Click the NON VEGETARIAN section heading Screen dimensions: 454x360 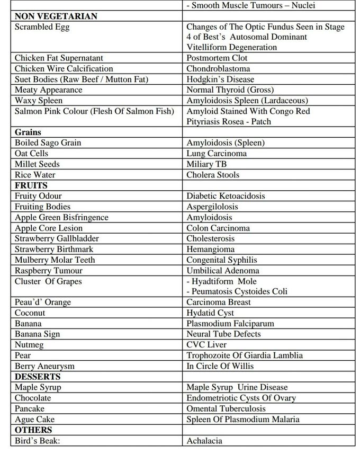(x=56, y=16)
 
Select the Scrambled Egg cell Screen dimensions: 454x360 (x=42, y=26)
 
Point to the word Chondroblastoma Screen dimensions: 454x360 (x=218, y=69)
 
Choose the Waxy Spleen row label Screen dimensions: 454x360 (x=39, y=101)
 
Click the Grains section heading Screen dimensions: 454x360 (x=28, y=132)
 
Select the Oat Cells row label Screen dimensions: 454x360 (x=31, y=154)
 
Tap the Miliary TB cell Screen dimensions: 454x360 (x=206, y=164)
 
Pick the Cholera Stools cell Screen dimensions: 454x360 (x=213, y=175)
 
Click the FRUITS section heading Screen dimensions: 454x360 (x=31, y=185)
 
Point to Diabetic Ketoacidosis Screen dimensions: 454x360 (x=226, y=196)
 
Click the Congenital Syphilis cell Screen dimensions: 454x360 (x=221, y=260)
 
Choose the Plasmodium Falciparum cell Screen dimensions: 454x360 (x=230, y=324)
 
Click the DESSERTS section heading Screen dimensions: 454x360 (x=38, y=377)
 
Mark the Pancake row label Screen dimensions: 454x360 (x=30, y=408)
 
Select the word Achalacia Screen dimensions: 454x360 (x=204, y=441)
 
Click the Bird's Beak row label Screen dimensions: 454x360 (x=39, y=441)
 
